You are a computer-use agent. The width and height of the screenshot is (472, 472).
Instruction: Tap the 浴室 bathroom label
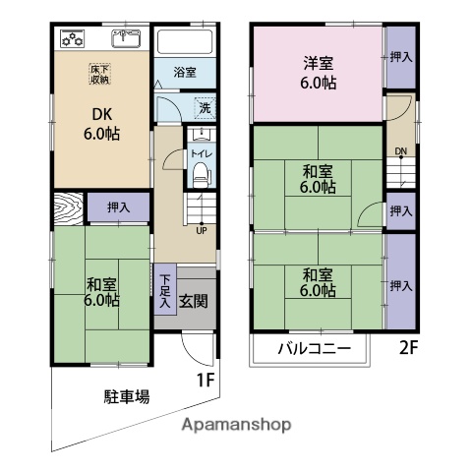point(185,72)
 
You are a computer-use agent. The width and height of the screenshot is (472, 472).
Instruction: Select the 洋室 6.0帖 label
point(317,75)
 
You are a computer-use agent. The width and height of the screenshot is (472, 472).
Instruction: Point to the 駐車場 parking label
point(127,397)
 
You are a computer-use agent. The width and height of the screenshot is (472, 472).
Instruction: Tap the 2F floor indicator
point(410,346)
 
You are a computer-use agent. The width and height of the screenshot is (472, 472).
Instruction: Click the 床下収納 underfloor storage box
point(102,74)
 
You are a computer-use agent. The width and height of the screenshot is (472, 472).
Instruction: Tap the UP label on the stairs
point(202,231)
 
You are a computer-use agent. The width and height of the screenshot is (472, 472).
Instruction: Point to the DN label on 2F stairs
point(400,150)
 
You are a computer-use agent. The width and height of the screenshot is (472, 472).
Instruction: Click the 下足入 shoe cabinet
point(164,289)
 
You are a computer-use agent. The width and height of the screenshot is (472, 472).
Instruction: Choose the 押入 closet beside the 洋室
point(400,58)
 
